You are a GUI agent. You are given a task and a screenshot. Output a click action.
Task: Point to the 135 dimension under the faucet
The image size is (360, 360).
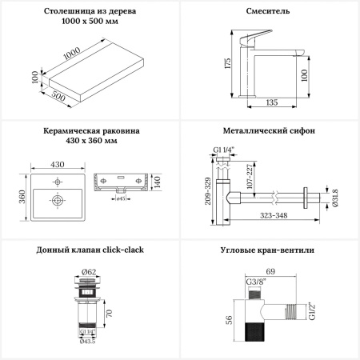coord(273,102)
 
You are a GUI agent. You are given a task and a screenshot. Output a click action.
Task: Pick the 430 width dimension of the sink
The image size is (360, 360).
coord(58,163)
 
